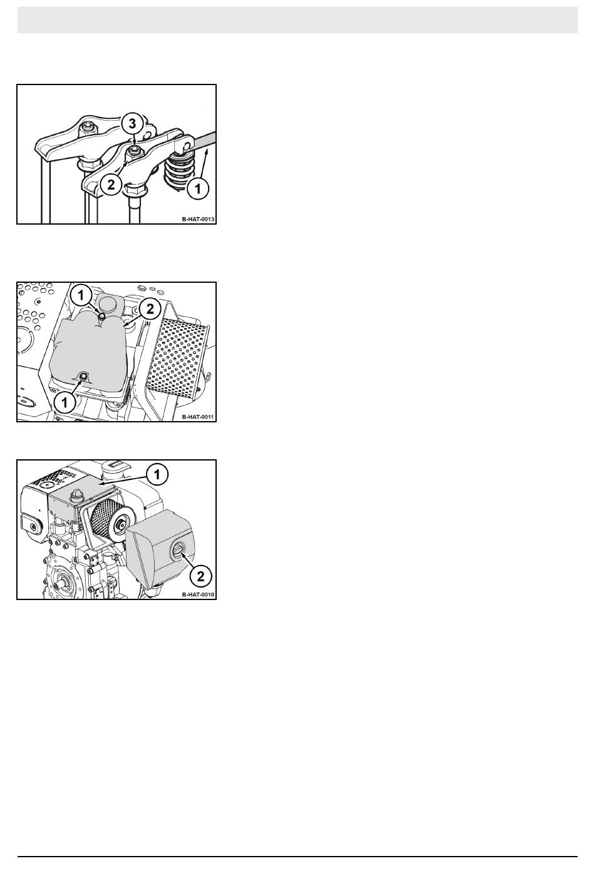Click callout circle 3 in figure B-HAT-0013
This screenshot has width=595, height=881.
tap(132, 123)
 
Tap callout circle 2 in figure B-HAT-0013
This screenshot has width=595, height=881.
tap(111, 184)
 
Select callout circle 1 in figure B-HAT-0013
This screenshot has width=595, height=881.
tap(198, 188)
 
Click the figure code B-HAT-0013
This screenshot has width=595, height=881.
tap(198, 219)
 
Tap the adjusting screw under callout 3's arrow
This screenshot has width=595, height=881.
tap(135, 149)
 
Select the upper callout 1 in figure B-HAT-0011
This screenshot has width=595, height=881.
tap(81, 295)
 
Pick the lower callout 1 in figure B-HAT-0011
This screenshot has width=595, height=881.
tap(65, 402)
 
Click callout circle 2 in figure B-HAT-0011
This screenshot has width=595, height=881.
tap(150, 309)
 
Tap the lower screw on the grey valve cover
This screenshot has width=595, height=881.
tap(83, 377)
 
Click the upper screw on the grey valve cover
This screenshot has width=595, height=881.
tap(101, 316)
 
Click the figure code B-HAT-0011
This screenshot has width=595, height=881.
tap(198, 417)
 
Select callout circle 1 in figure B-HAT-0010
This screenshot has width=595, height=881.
tap(157, 475)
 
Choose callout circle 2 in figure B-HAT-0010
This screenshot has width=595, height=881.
tap(200, 576)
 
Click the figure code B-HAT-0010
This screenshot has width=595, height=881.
tap(198, 594)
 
